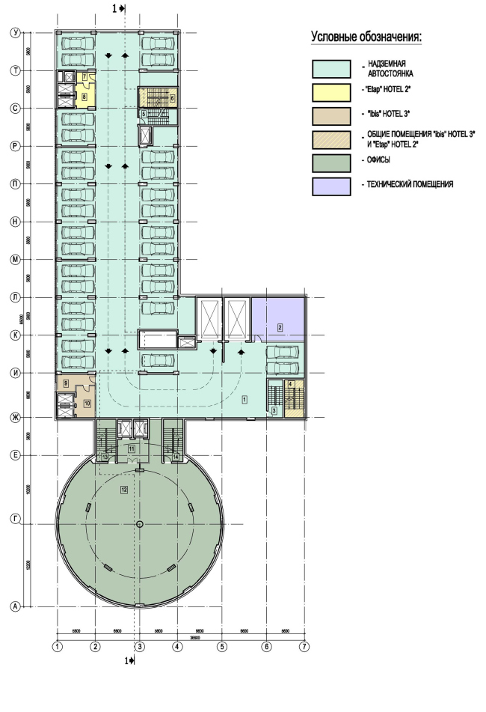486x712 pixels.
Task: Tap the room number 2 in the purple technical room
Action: click(x=280, y=327)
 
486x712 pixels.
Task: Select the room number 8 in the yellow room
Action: click(x=84, y=96)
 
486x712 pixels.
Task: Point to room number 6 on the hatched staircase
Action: click(x=172, y=97)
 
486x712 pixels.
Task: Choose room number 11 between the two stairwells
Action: click(x=131, y=448)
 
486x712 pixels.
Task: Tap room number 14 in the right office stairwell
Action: click(x=176, y=456)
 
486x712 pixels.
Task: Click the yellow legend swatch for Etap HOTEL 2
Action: click(x=330, y=94)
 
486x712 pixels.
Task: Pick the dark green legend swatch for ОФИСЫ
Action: click(x=330, y=162)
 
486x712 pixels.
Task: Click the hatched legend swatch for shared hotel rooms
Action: click(x=330, y=139)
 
